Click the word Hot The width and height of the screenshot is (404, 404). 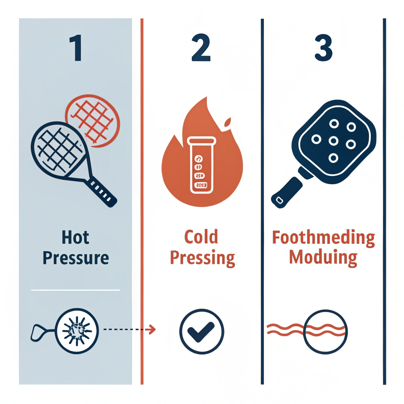[x=75, y=238]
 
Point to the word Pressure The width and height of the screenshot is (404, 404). [x=75, y=258]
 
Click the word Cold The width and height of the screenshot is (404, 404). [x=201, y=238]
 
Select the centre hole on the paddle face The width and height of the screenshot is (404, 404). [x=334, y=141]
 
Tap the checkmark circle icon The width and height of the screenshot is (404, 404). [x=201, y=329]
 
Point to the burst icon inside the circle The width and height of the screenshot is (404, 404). [x=77, y=329]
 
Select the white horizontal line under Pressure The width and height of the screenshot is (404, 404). [x=75, y=290]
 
